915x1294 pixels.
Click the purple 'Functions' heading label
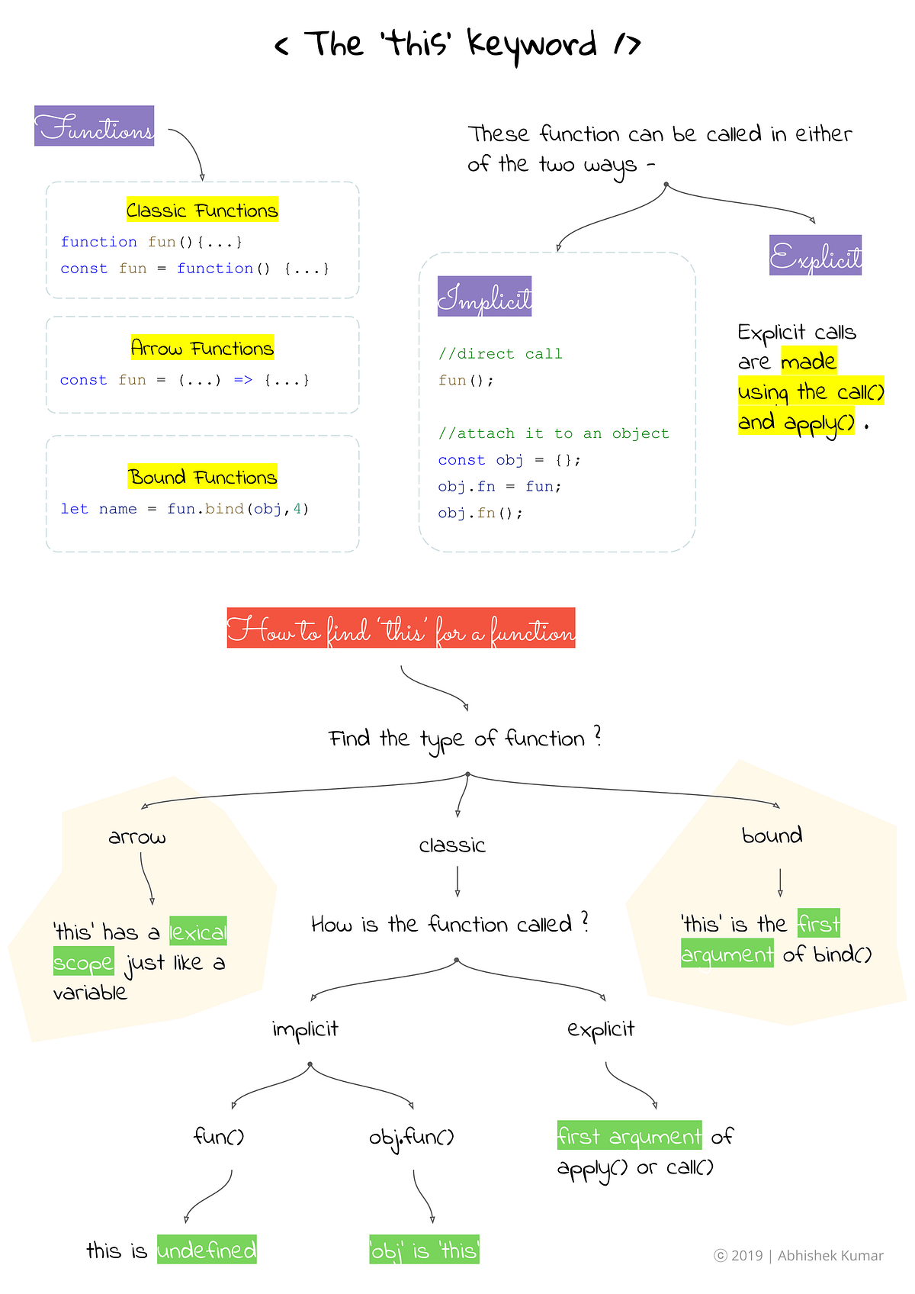95,126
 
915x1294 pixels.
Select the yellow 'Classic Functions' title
202,210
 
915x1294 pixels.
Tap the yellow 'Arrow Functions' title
202,348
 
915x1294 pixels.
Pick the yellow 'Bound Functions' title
202,477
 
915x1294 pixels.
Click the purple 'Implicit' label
485,296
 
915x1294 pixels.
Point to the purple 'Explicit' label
815,255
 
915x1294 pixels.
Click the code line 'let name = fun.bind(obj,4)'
185,509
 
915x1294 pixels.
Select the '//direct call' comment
500,353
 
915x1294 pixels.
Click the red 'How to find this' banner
401,628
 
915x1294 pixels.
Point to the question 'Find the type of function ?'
464,738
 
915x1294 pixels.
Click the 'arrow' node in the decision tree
137,837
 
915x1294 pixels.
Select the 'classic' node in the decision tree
452,845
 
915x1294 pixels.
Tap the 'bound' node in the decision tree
772,835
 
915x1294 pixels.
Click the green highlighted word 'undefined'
207,1250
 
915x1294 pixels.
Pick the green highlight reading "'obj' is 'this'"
425,1250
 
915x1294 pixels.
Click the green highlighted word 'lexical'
198,932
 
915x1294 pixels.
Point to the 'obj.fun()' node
412,1138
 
